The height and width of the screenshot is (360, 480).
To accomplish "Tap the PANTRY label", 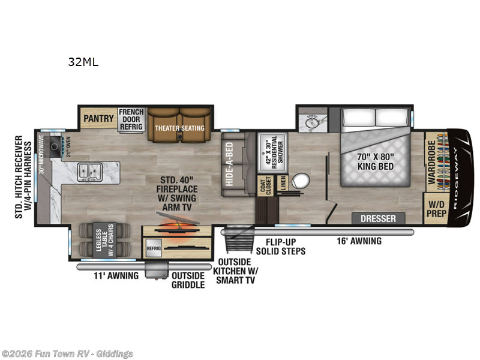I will click(x=98, y=118).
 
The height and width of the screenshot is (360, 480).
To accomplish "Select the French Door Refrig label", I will click(x=131, y=118).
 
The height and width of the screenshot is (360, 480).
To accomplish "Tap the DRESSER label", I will click(x=378, y=218).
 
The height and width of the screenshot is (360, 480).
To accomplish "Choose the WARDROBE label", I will click(x=432, y=161).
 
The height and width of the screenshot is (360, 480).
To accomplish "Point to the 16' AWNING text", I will click(x=358, y=241).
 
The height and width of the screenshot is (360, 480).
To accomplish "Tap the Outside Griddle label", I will click(x=188, y=280).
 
